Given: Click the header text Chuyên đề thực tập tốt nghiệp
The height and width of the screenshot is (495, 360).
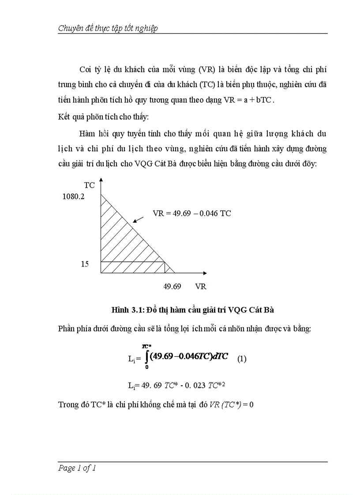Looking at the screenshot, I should [108, 28].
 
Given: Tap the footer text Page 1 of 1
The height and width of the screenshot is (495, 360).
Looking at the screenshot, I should [77, 468].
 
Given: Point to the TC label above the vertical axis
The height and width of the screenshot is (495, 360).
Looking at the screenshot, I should [89, 186].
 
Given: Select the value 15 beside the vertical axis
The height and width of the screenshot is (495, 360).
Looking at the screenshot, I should [85, 264].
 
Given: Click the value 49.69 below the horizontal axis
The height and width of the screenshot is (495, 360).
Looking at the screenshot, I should [172, 287].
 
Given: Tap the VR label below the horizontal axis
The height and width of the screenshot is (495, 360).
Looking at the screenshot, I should [200, 287].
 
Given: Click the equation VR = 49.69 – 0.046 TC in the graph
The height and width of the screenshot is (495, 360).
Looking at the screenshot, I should [192, 213].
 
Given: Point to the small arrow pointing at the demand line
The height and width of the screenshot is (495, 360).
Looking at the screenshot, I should [139, 219].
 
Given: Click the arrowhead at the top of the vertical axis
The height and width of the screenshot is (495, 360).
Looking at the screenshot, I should [101, 180].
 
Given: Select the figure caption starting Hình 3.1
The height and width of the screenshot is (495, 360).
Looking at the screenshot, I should [193, 310].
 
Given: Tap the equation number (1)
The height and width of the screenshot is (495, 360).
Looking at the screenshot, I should [242, 359].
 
